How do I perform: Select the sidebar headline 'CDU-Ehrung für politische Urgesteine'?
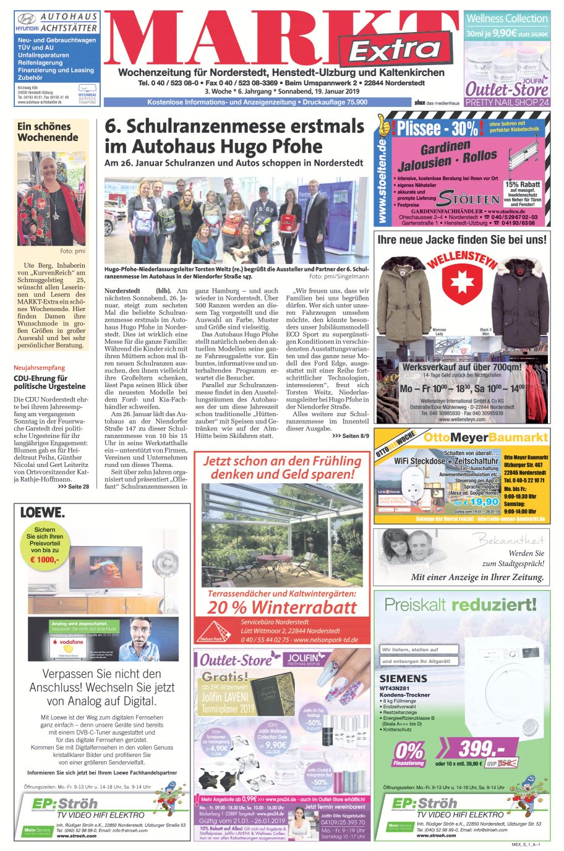point(49,382)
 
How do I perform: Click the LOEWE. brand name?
point(42,512)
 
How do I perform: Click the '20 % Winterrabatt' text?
point(282,607)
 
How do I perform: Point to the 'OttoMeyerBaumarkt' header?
point(485,437)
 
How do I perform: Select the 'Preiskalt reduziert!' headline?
point(461,604)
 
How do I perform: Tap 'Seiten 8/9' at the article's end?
point(350,436)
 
